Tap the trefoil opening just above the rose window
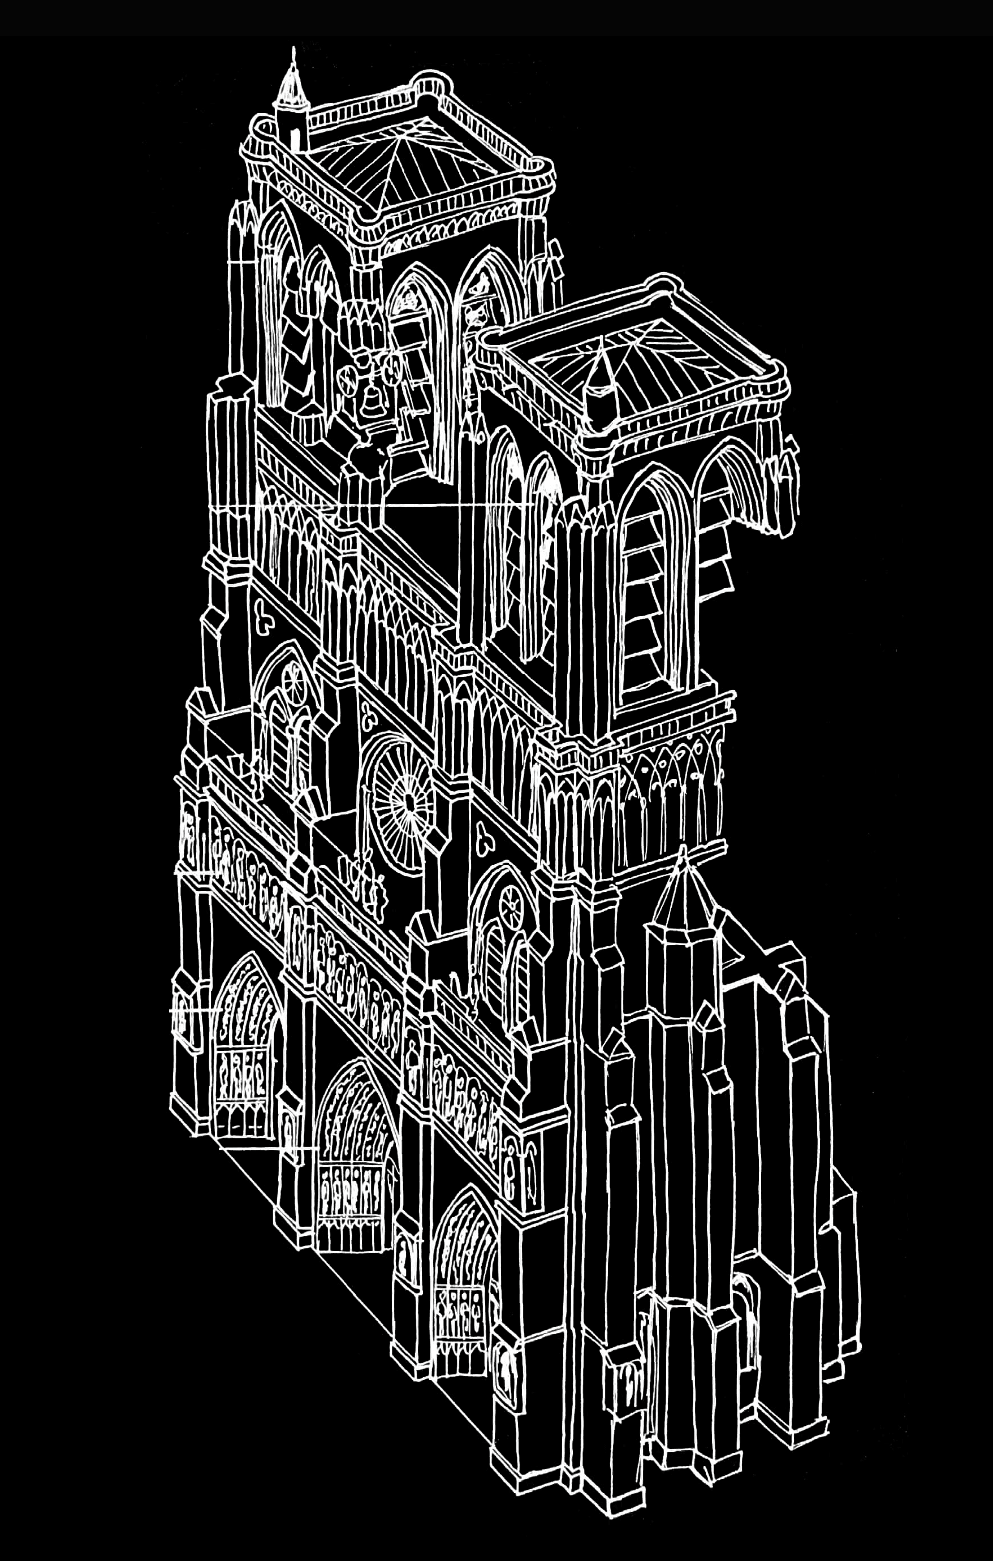[370, 719]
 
